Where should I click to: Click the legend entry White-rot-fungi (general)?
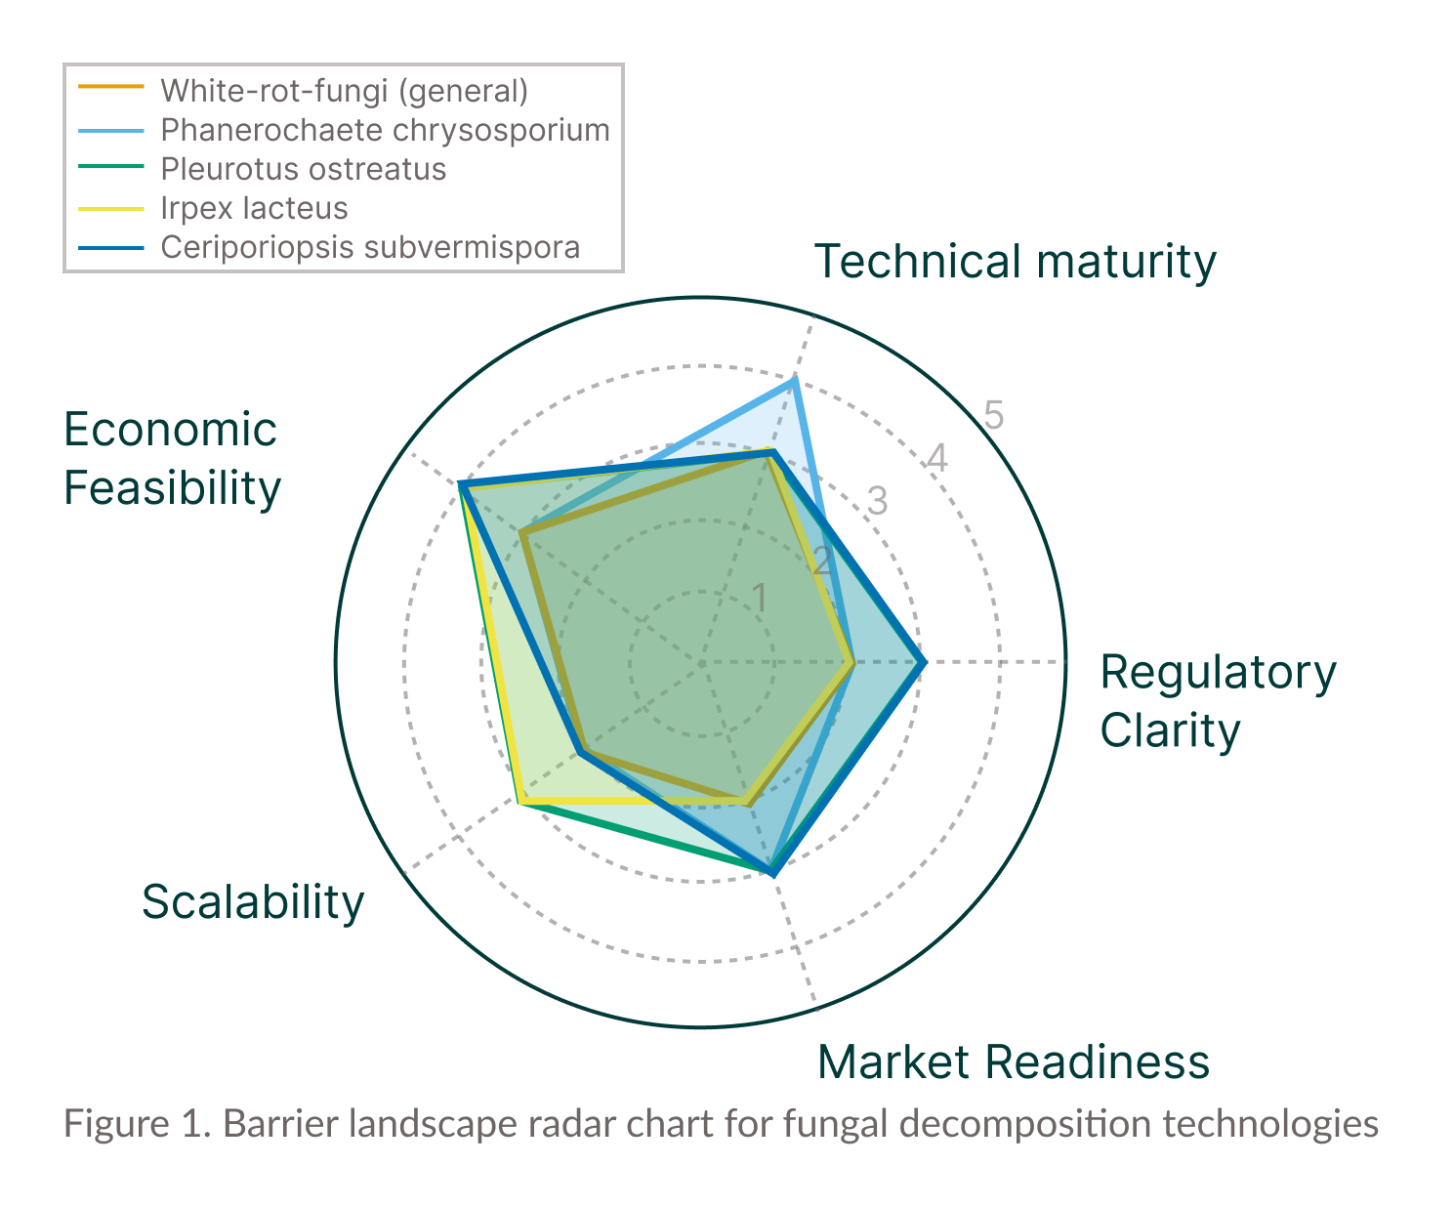[344, 91]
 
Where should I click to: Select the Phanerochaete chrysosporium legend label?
[385, 130]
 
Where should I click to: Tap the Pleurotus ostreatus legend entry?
[303, 169]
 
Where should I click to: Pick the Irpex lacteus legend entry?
[254, 208]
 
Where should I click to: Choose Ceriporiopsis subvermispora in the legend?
[370, 247]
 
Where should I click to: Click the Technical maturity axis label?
[1015, 262]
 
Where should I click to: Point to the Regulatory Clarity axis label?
[1217, 700]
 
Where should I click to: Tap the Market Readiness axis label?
[1013, 1061]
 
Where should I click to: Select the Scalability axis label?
[253, 901]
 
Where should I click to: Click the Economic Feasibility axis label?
[172, 458]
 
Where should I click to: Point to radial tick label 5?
[993, 416]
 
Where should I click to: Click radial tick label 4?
[937, 458]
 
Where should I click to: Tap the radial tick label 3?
[878, 501]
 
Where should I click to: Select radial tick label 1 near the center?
[760, 598]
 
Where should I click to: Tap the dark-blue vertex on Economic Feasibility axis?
[462, 485]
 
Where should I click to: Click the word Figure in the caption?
[114, 1123]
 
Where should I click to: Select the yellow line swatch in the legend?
[110, 208]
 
